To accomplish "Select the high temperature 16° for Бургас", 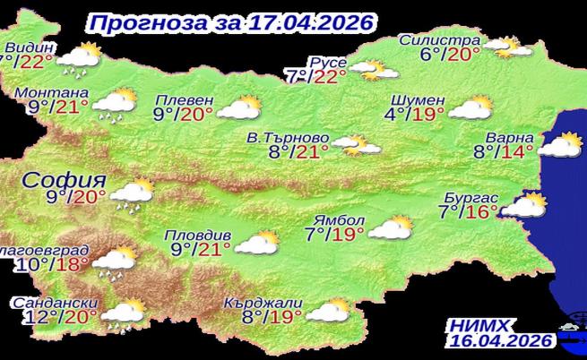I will click(482, 212).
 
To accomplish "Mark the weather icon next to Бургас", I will click(524, 206).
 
